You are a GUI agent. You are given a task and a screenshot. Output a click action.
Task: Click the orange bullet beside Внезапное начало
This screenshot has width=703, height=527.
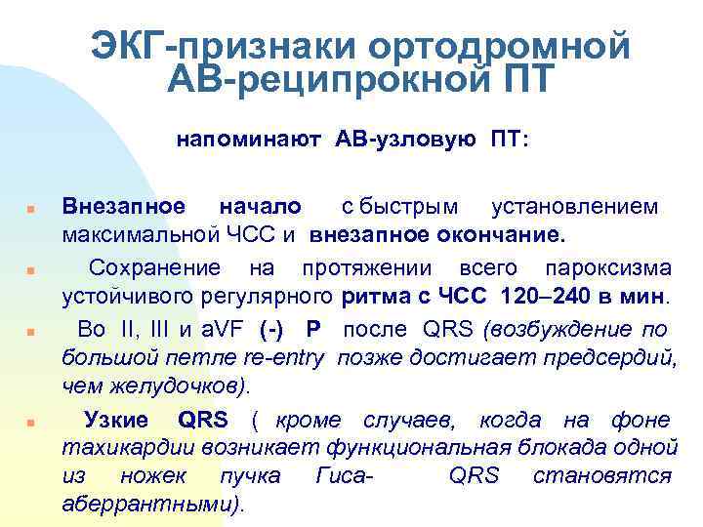coord(31,210)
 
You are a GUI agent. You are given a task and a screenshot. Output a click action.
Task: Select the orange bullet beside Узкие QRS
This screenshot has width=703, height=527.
coord(31,424)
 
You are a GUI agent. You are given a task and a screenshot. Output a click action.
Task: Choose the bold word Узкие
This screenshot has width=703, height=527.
coord(116,421)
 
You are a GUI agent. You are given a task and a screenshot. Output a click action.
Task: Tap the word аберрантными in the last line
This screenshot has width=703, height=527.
coord(152,506)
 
